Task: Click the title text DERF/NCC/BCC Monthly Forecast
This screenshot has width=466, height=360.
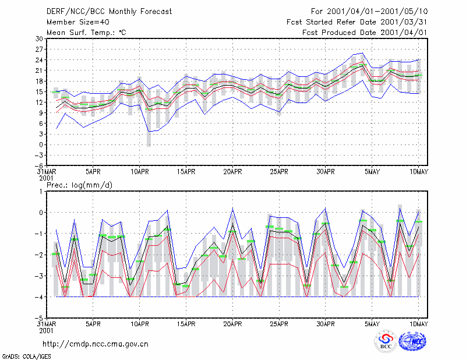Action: point(109,12)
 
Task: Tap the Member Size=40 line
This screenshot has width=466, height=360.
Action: point(78,22)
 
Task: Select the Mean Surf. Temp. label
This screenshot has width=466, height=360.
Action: point(86,33)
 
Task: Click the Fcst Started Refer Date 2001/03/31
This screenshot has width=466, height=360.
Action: point(356,22)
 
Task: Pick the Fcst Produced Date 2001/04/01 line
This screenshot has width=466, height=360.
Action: point(365,33)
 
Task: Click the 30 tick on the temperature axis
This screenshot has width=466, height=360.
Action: point(39,38)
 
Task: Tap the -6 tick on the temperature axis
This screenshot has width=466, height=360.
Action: point(39,165)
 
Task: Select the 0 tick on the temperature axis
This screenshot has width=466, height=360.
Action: point(41,145)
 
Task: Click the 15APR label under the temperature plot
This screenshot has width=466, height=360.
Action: point(186,172)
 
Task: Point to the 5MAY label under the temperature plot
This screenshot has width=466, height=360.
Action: point(372,172)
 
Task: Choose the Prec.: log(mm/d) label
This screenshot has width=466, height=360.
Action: point(80,185)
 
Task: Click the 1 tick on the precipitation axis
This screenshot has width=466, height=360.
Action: point(41,192)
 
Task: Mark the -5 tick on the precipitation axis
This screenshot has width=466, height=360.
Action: point(39,318)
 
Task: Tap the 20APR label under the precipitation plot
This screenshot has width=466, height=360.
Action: point(232,324)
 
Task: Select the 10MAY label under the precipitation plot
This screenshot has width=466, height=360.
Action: point(418,324)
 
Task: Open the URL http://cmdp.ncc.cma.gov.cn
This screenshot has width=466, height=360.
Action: point(96,344)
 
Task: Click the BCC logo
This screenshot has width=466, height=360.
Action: point(386,342)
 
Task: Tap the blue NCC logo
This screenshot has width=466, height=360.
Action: point(412,341)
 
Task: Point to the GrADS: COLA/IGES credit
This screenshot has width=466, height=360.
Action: point(27,357)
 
